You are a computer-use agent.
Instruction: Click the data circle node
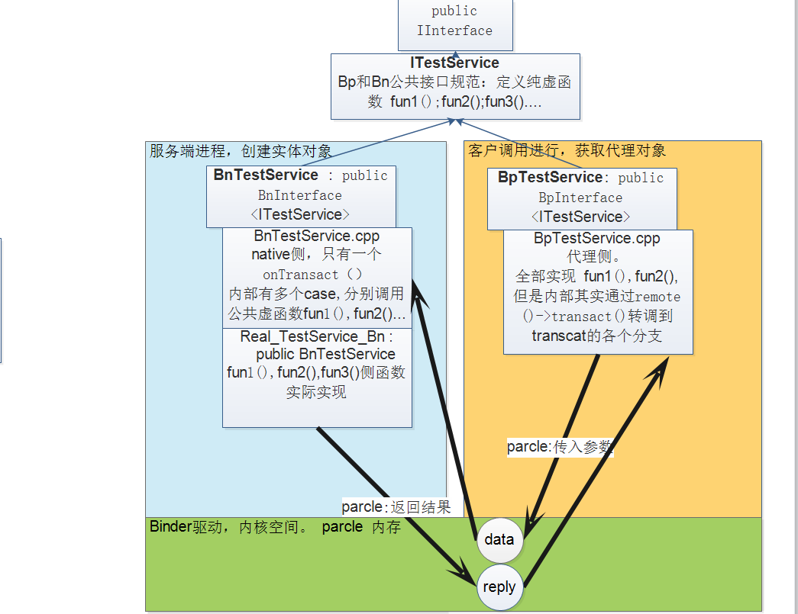[499, 539]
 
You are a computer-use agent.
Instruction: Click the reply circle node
[499, 587]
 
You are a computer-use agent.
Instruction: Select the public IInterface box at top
[455, 21]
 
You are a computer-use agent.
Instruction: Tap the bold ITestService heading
[454, 63]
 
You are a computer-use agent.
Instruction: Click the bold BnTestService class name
[266, 175]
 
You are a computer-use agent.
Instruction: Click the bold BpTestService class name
[550, 177]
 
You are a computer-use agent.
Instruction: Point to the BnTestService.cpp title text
[316, 236]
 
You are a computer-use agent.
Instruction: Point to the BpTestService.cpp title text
[597, 238]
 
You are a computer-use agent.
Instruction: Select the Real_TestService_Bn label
[313, 336]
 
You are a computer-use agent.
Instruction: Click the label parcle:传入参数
[560, 447]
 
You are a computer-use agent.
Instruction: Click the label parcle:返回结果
[396, 506]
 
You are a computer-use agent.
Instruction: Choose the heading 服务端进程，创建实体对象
[240, 150]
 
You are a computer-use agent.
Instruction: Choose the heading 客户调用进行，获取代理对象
[567, 150]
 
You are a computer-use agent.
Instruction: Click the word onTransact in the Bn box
[301, 274]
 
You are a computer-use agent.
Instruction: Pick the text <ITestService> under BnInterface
[300, 214]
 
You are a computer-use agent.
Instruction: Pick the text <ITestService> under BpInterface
[581, 217]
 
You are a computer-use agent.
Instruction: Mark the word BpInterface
[580, 197]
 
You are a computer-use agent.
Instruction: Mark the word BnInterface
[299, 194]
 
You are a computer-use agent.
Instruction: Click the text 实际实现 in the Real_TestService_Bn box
[316, 392]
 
